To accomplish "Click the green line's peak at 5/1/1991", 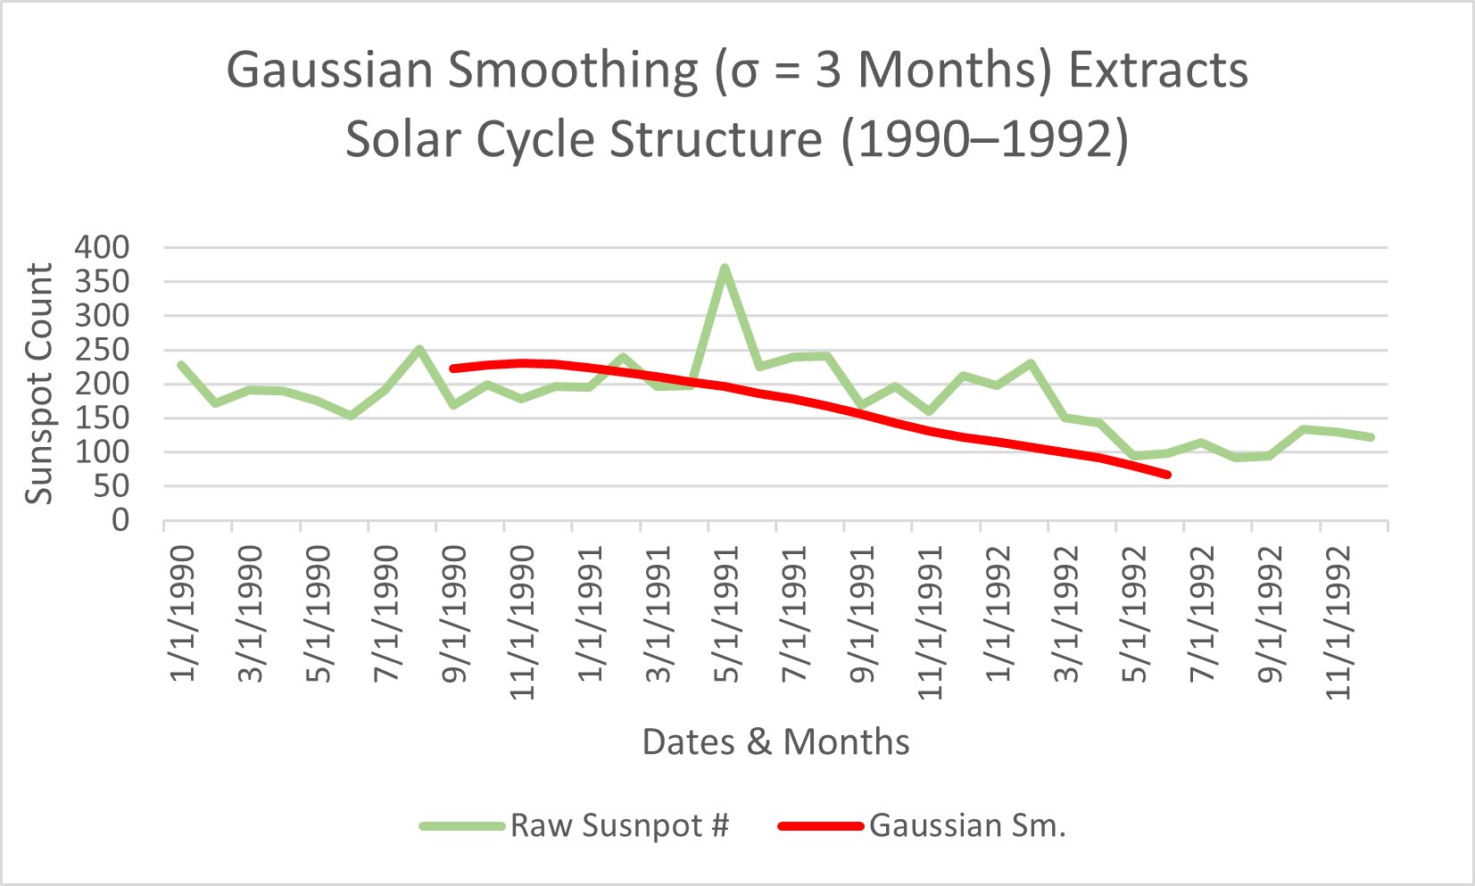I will [x=725, y=268].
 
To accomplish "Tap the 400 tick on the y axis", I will [x=103, y=247].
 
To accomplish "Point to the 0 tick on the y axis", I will [x=120, y=520].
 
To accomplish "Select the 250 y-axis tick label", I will [x=103, y=350].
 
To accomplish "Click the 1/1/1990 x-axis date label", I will [x=183, y=613].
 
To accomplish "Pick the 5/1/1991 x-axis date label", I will [x=727, y=613].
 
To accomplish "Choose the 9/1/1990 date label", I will [x=455, y=613].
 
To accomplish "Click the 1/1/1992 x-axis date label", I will [x=999, y=613].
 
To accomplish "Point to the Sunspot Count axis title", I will [x=39, y=384].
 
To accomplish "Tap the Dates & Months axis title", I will [x=775, y=742].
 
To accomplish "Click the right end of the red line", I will [x=1167, y=475].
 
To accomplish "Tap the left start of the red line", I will [x=453, y=368].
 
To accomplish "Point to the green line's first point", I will [x=182, y=365].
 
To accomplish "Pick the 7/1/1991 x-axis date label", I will [x=795, y=613].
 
